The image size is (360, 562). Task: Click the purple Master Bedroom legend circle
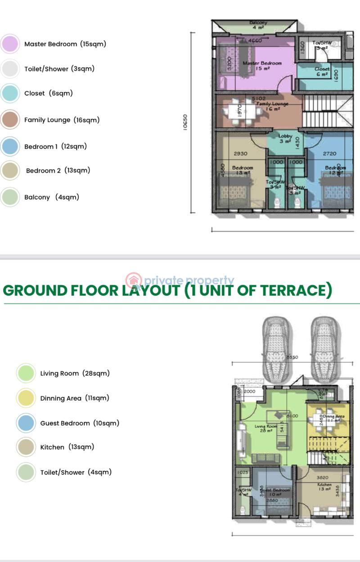tap(10, 44)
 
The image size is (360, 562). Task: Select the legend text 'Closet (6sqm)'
tap(48, 94)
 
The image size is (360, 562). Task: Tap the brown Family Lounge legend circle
tap(10, 120)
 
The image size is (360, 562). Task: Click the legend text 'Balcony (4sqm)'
tap(52, 197)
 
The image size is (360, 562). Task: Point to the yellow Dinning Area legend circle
tap(26, 398)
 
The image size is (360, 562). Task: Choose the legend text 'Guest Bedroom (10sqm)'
tap(80, 423)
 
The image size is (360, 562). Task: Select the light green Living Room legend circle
tap(26, 373)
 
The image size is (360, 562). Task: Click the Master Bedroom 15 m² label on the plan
tap(262, 66)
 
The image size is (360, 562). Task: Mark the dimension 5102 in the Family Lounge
tap(258, 98)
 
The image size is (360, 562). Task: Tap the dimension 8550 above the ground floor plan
tap(292, 357)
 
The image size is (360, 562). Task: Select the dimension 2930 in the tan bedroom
tap(241, 154)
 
